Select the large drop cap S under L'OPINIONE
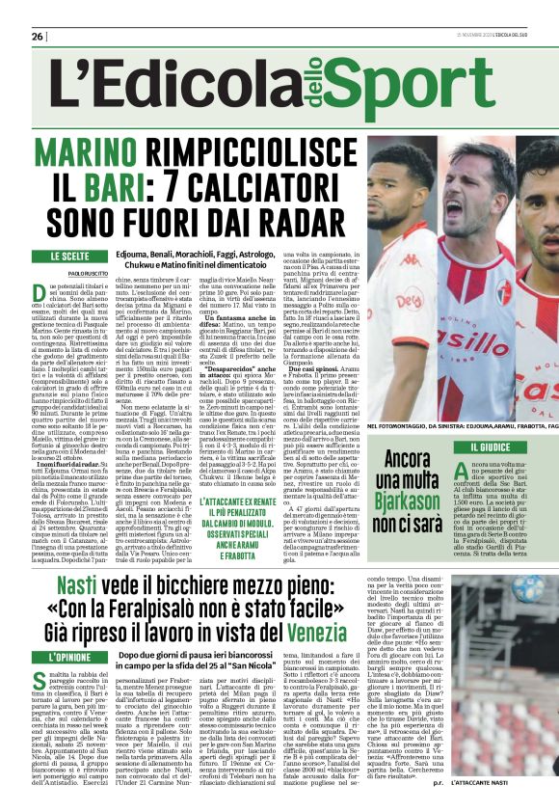pos(41,683)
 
